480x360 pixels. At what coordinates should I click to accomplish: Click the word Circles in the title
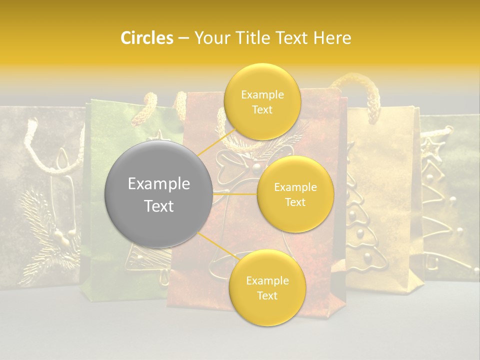[147, 38]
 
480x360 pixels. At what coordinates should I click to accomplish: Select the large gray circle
[158, 194]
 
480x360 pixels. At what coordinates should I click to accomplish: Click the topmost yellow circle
[262, 102]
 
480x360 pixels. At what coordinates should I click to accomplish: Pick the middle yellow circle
[295, 194]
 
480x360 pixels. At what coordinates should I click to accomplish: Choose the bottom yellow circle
[267, 288]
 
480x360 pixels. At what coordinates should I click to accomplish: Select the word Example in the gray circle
[158, 184]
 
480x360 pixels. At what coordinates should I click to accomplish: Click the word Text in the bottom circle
[267, 295]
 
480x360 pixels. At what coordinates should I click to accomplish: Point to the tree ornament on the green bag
[145, 260]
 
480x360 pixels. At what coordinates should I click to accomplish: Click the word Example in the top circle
[262, 95]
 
